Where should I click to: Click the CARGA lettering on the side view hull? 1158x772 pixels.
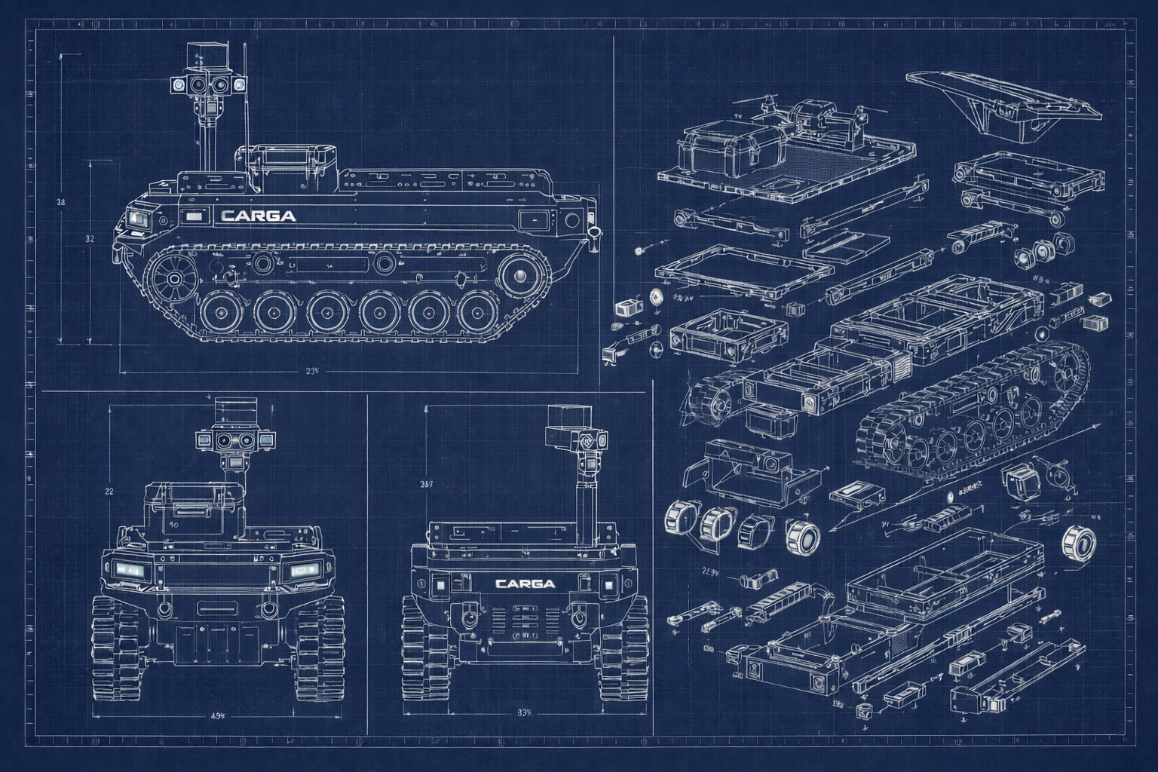click(259, 216)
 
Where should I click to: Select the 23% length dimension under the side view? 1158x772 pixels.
click(312, 370)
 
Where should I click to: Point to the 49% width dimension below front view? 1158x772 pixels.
click(218, 715)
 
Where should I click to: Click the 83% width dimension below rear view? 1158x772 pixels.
click(525, 710)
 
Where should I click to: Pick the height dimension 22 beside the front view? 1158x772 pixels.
click(108, 491)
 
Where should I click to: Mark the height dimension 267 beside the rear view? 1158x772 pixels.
click(426, 485)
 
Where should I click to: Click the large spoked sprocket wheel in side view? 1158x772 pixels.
click(174, 278)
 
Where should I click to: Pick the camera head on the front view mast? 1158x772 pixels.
click(235, 440)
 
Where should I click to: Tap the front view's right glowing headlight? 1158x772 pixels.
click(306, 571)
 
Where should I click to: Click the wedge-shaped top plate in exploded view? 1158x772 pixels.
click(1003, 102)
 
